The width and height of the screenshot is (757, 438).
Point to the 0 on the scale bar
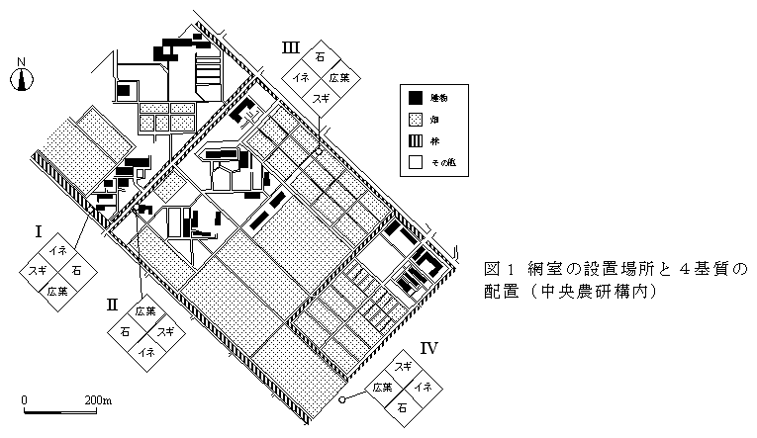25,399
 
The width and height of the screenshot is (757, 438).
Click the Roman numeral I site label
38,232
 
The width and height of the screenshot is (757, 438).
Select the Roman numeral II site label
112,304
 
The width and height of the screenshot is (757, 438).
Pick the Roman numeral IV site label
428,347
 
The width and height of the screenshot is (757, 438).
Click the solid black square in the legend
416,98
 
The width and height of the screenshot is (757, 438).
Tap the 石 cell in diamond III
320,58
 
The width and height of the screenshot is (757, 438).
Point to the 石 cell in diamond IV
402,406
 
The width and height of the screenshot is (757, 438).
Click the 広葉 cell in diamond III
339,78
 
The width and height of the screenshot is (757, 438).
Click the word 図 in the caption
491,269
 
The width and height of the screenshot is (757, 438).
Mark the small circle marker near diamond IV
341,400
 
